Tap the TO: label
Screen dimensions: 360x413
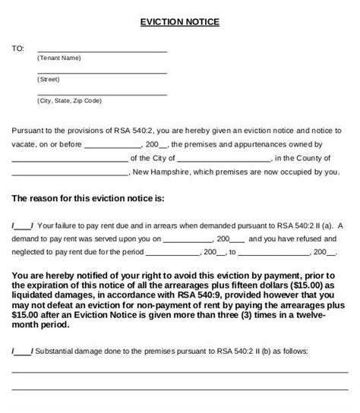(17, 49)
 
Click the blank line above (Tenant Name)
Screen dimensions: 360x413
(102, 50)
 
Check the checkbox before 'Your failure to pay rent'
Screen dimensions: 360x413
(22, 225)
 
